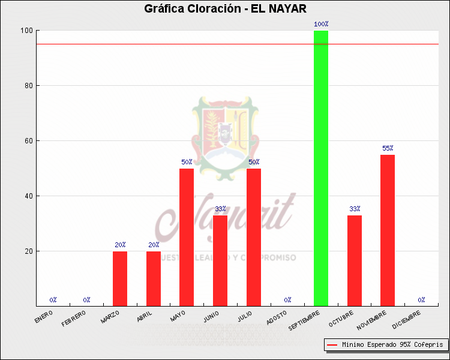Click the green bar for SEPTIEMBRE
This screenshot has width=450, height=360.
(x=321, y=168)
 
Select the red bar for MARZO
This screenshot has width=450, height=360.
(x=120, y=278)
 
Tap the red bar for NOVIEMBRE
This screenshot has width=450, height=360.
(x=388, y=230)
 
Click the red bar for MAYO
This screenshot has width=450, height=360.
(x=187, y=237)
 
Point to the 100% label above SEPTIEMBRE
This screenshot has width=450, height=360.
(x=321, y=25)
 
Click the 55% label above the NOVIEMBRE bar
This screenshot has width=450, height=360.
(x=388, y=148)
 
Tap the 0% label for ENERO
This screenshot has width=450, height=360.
(x=53, y=299)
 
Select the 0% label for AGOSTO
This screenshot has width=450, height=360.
(x=287, y=299)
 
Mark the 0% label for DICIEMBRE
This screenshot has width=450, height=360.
(x=421, y=299)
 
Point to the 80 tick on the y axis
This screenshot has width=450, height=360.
(x=28, y=86)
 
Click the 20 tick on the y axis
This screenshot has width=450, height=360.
(x=28, y=251)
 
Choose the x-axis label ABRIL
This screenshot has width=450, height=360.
(x=145, y=316)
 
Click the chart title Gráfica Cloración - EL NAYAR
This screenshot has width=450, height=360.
(x=225, y=9)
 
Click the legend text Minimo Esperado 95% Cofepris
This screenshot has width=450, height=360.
(x=392, y=345)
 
